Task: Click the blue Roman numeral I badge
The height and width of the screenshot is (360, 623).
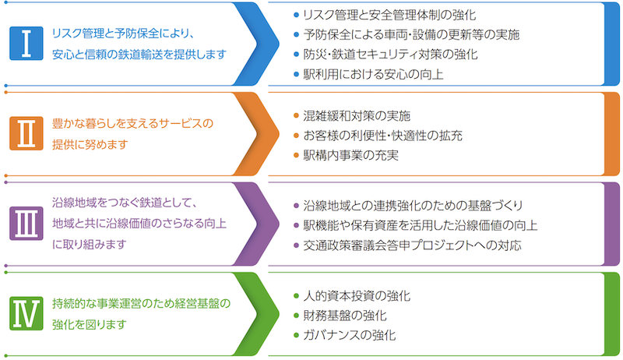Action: [x=26, y=44]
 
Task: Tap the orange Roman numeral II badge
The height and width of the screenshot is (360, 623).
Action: [x=26, y=133]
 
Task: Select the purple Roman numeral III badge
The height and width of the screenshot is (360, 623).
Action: [x=26, y=224]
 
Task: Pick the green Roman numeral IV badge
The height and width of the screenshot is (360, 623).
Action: [x=26, y=313]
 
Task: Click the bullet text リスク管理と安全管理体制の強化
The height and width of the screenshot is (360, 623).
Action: [x=389, y=15]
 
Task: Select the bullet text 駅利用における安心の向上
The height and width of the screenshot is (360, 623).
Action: [x=373, y=74]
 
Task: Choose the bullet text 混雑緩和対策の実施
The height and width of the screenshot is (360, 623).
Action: [x=357, y=115]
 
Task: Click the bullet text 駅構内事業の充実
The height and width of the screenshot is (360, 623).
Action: [x=351, y=155]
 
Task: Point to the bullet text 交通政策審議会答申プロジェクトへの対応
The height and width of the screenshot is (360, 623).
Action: [x=412, y=245]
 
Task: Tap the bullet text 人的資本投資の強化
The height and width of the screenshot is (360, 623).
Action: [x=357, y=295]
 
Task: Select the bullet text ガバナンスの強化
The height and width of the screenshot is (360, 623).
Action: [x=349, y=335]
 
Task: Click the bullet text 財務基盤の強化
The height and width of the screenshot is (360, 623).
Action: [x=345, y=316]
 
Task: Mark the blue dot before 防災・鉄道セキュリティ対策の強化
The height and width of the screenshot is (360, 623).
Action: [x=296, y=55]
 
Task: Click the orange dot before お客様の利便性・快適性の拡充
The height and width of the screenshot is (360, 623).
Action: [x=296, y=136]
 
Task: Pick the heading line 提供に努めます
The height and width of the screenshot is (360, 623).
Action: [x=90, y=144]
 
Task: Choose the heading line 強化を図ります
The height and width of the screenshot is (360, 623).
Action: [x=90, y=324]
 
